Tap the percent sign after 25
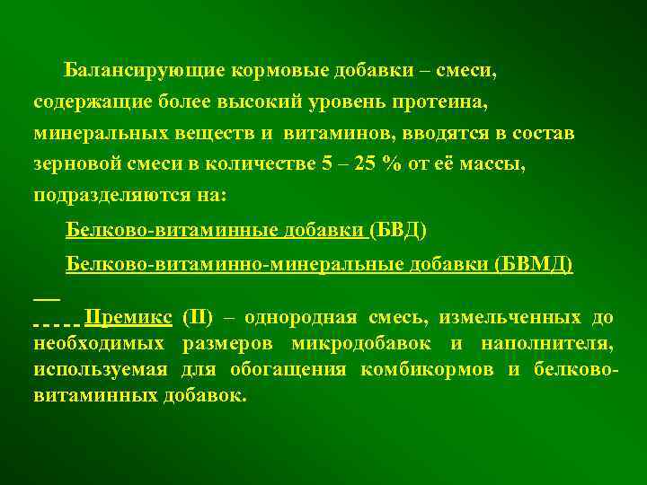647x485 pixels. pos(387,164)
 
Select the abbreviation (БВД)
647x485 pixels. pos(399,231)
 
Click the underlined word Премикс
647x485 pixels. pos(127,318)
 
